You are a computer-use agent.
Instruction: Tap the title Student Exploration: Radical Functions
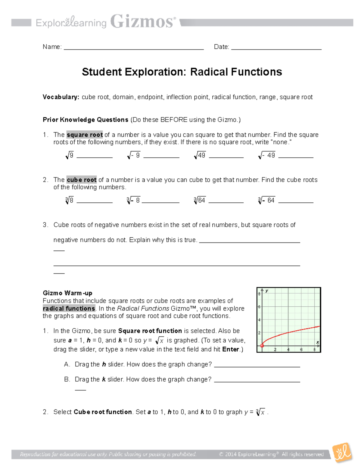point(182,72)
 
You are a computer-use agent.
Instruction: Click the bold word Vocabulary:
point(61,97)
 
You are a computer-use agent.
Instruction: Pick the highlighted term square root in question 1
point(85,135)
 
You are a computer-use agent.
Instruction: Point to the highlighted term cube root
point(82,180)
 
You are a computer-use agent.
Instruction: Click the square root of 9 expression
point(69,156)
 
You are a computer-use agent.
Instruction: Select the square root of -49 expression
point(267,156)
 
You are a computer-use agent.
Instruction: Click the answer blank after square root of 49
point(226,157)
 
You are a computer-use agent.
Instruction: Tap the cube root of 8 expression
point(69,200)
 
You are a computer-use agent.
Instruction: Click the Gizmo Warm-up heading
point(67,293)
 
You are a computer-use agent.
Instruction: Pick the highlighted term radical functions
point(69,308)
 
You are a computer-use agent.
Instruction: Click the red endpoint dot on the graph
point(262,346)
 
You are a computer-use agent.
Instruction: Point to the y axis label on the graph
point(267,291)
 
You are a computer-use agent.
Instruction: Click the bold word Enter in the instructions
point(231,349)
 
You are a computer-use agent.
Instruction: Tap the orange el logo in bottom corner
point(342,453)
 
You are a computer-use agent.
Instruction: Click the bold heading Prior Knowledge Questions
point(86,120)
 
